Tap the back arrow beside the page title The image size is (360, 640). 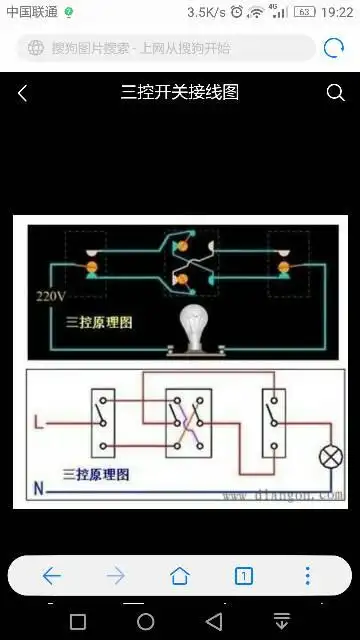click(x=23, y=93)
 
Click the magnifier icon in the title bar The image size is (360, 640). click(x=335, y=93)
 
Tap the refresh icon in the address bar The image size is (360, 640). click(x=333, y=48)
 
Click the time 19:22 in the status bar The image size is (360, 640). click(x=337, y=12)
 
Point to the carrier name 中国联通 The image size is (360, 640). click(x=31, y=12)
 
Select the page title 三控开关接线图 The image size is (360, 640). click(x=180, y=93)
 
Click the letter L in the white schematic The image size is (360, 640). click(x=38, y=423)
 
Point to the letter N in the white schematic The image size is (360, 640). click(x=38, y=489)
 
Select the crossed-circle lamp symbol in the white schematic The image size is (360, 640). click(x=329, y=458)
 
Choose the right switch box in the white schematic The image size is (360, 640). click(x=272, y=420)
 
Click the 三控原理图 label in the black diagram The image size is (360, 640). click(x=98, y=323)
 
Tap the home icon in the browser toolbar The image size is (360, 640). click(x=180, y=575)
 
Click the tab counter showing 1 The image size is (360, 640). click(x=244, y=575)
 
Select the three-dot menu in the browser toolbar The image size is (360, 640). click(x=308, y=575)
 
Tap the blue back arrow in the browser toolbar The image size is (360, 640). click(x=52, y=575)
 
